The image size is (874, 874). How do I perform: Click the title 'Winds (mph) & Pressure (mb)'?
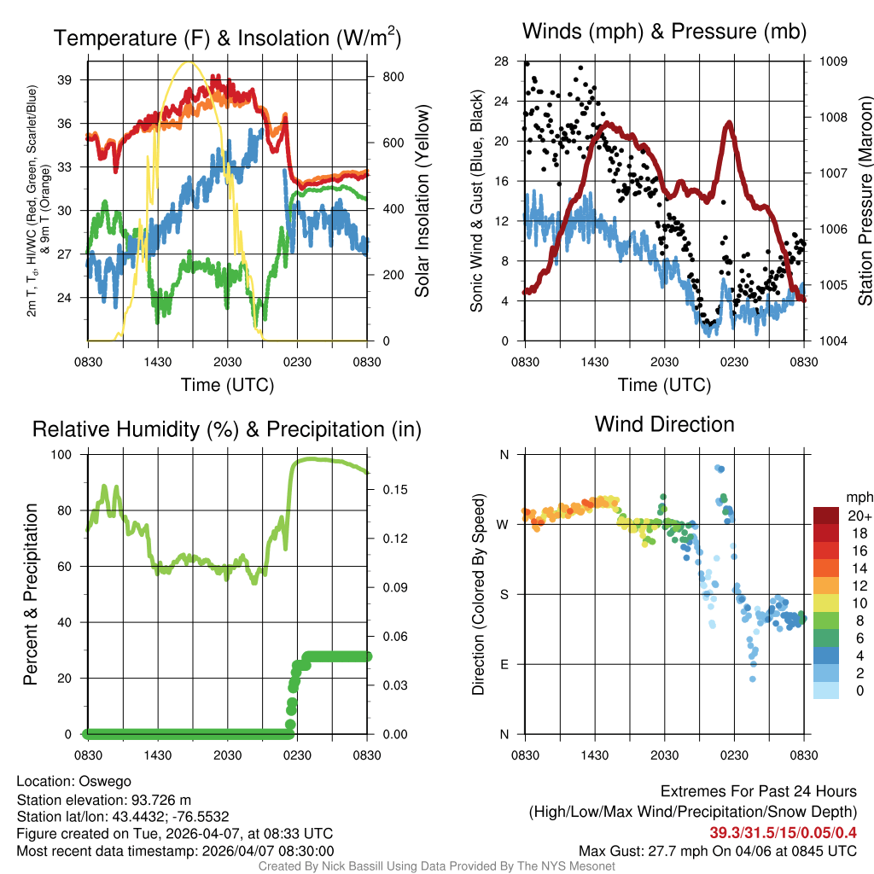click(x=664, y=32)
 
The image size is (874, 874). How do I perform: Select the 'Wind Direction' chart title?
click(x=664, y=424)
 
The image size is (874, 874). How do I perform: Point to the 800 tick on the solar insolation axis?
click(x=393, y=76)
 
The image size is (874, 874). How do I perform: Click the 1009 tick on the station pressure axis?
click(x=833, y=61)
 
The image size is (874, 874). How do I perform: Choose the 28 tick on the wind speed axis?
click(x=502, y=61)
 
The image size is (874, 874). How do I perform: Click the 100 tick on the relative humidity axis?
click(x=67, y=455)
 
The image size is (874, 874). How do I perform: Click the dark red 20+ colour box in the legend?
click(x=826, y=516)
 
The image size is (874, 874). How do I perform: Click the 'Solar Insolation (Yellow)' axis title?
click(x=422, y=201)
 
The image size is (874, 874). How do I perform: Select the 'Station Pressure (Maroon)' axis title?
click(x=865, y=201)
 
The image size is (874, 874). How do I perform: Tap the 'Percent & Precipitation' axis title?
click(x=30, y=594)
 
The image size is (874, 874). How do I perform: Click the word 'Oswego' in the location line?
click(x=105, y=781)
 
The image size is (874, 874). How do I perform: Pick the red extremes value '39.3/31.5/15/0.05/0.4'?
click(x=784, y=832)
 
